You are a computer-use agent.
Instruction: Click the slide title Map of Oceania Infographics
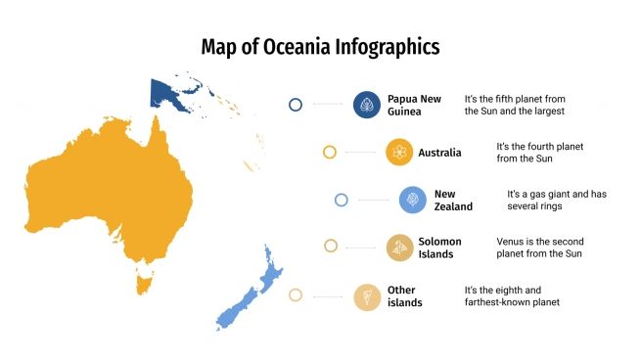(320, 46)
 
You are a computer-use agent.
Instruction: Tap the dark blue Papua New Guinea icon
(366, 105)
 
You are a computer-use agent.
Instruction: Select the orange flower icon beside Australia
(399, 152)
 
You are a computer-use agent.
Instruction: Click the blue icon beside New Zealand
(412, 200)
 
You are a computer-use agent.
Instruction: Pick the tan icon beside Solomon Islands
(399, 247)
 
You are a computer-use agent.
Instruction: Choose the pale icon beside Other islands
(367, 295)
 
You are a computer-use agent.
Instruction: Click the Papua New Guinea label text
(414, 105)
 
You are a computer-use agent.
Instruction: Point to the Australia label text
(439, 153)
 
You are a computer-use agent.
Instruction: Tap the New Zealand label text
(453, 200)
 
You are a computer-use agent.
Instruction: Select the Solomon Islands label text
(438, 247)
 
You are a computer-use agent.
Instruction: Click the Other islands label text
(405, 295)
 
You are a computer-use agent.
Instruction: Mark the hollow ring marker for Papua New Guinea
(296, 105)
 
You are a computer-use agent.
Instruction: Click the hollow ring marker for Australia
(330, 152)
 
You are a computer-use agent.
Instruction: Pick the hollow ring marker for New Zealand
(342, 200)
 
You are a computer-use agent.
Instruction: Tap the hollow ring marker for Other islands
(296, 295)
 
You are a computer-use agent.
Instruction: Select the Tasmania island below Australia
(145, 285)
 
